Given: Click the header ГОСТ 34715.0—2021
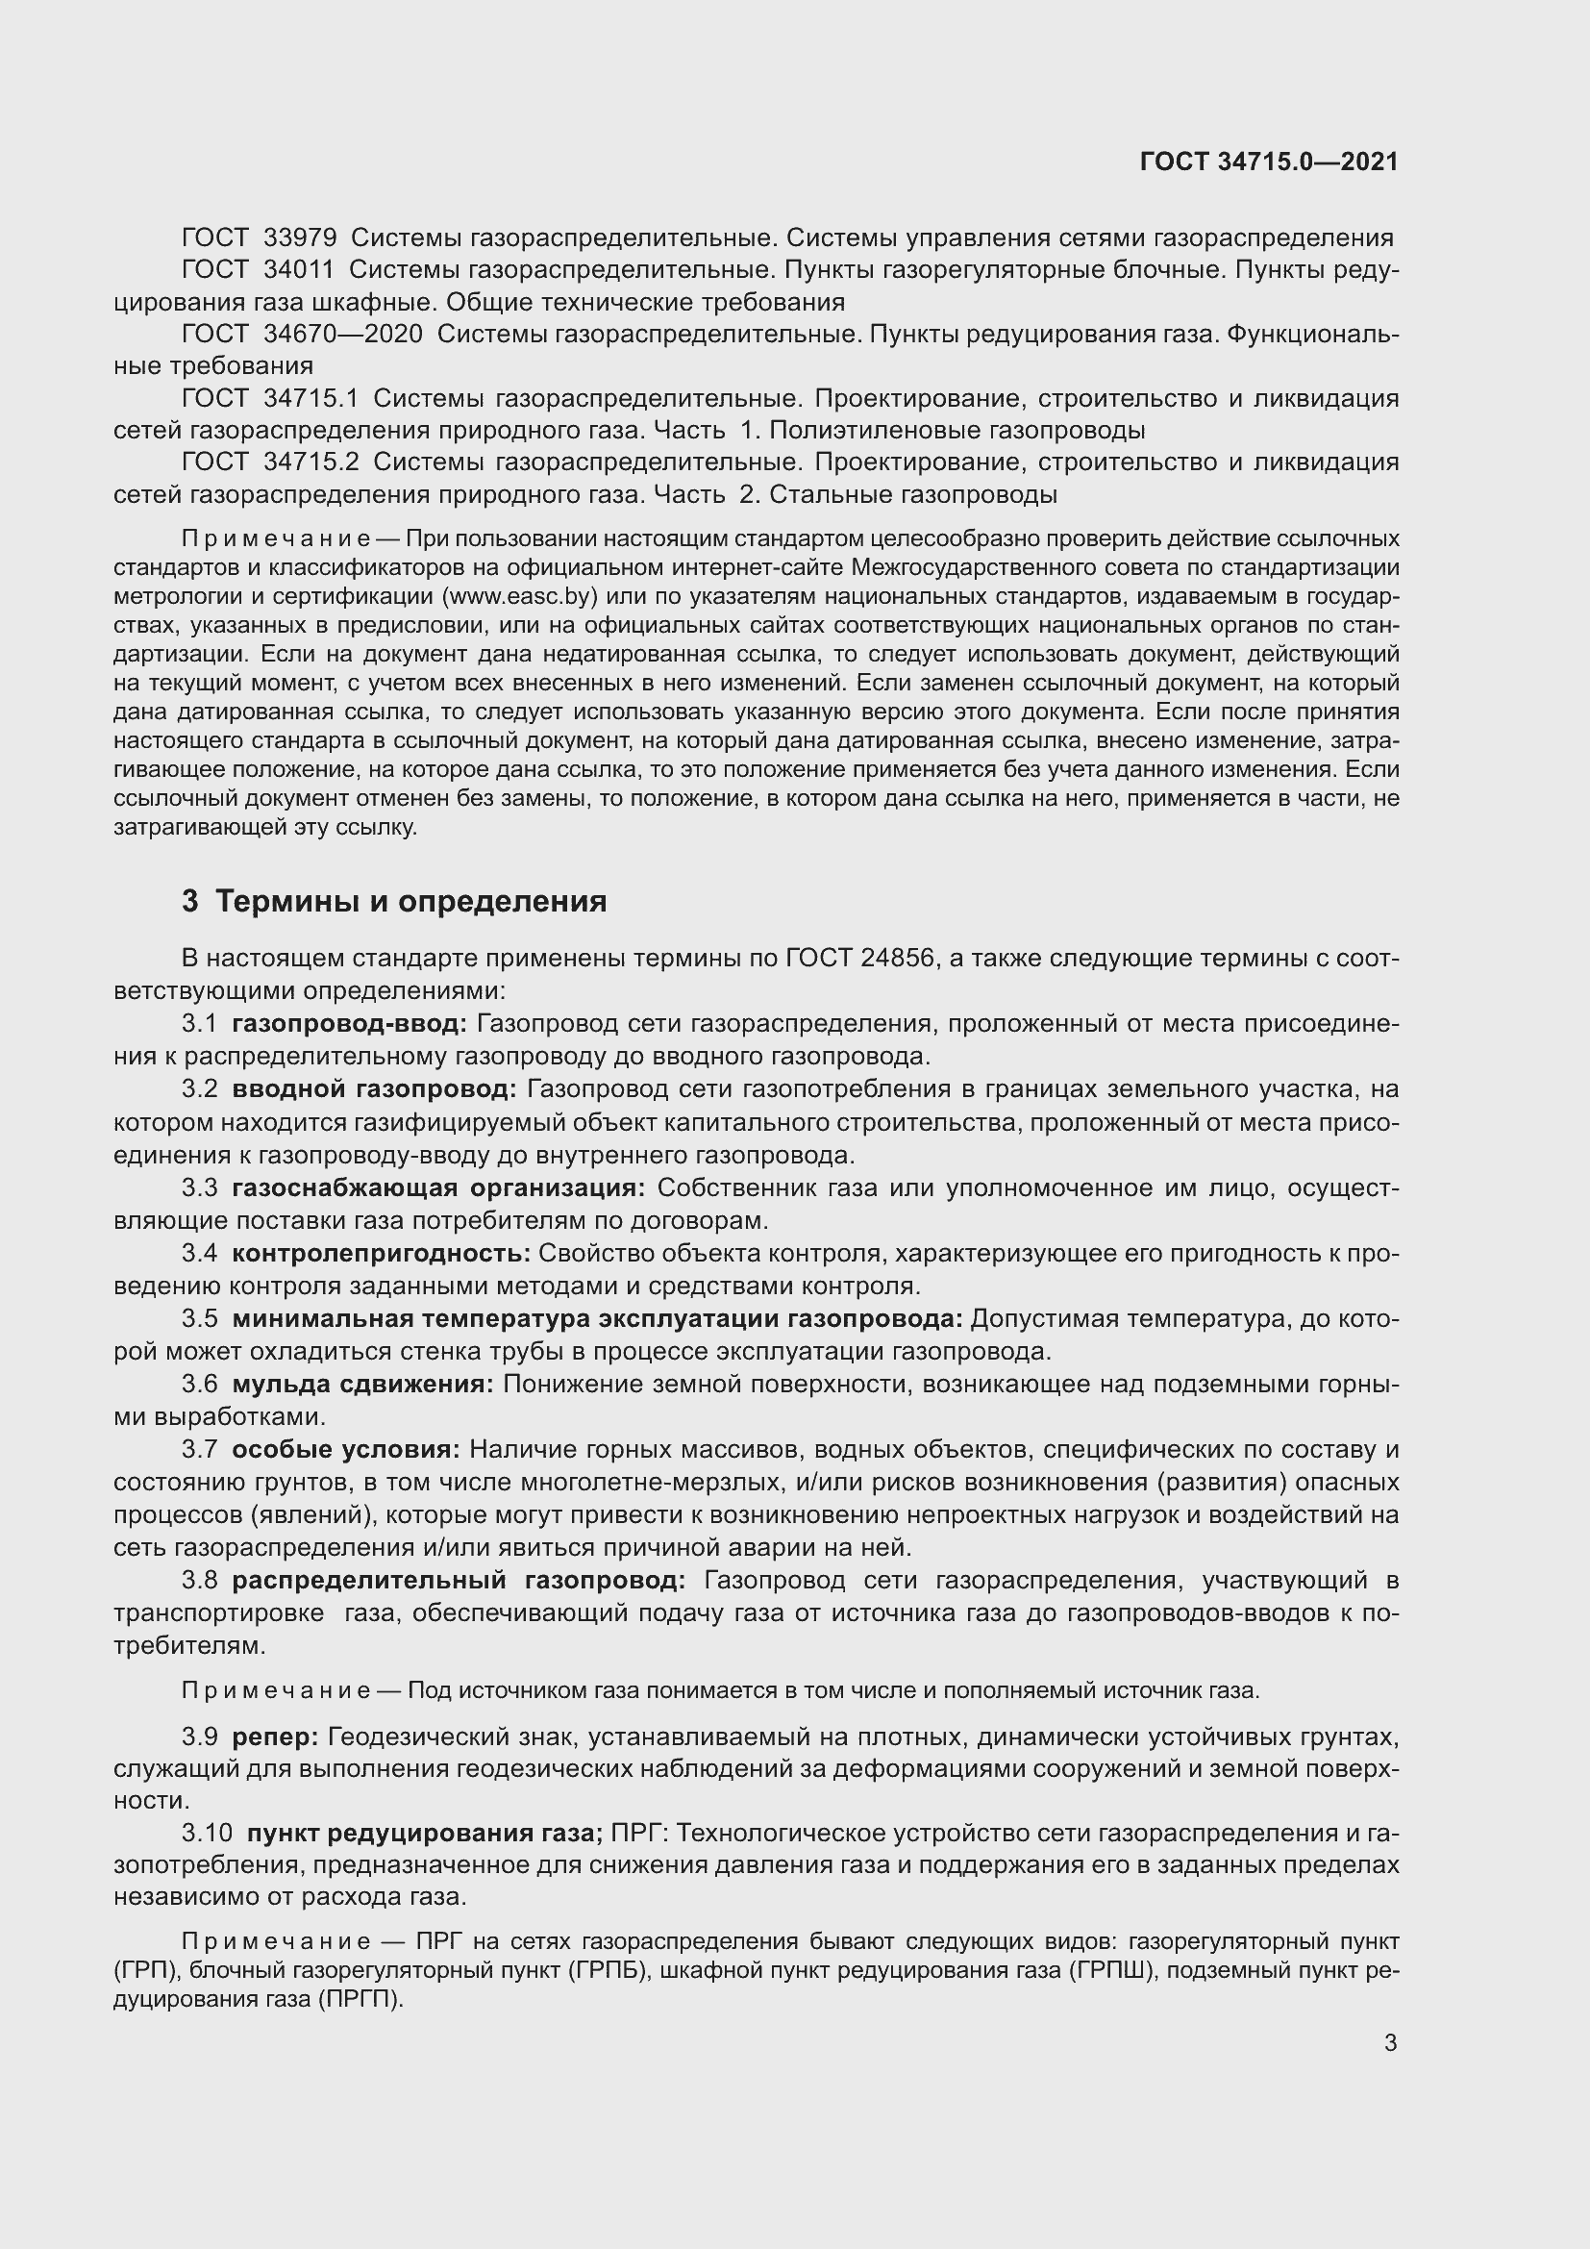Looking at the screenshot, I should tap(1269, 162).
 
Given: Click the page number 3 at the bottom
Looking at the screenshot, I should tap(1390, 2042).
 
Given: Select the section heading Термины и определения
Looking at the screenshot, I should tap(410, 900).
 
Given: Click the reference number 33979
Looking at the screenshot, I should tap(300, 238).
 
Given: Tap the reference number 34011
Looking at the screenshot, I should tap(299, 270).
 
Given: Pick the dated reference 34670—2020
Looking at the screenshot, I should tap(342, 334).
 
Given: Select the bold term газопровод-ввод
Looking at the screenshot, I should tap(350, 1024).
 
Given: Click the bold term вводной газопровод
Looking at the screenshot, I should tap(373, 1089).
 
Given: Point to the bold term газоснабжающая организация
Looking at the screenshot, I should tap(437, 1188).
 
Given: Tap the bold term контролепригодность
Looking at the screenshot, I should tap(381, 1253).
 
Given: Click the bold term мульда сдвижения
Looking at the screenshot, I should tap(362, 1384).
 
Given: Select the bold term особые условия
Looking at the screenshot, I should tap(346, 1449).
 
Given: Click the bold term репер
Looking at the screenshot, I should tap(275, 1737).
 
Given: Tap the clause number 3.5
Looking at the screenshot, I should tap(200, 1318).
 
